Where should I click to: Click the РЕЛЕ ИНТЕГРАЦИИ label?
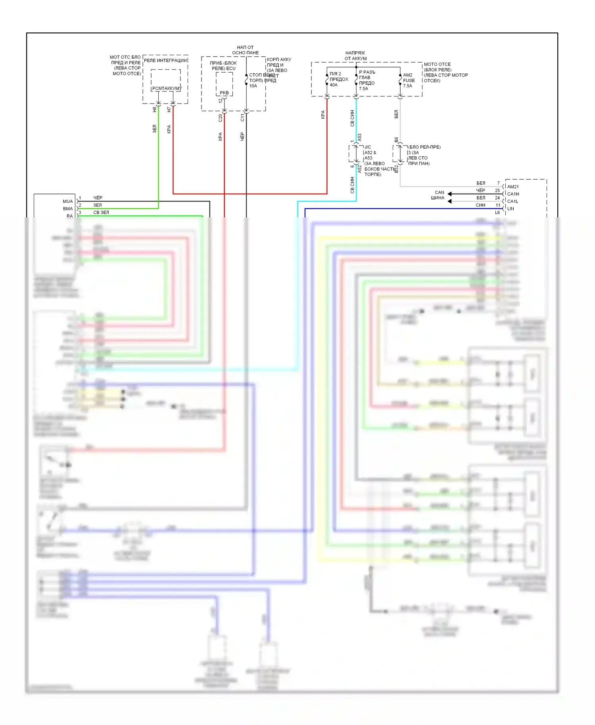coord(165,60)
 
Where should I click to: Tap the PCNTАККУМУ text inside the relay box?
coord(166,88)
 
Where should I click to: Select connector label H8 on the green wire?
coord(155,109)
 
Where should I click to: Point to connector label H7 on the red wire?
coord(169,109)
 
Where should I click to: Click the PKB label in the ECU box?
coord(224,93)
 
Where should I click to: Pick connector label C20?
coord(221,118)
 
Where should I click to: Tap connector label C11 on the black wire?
coord(242,117)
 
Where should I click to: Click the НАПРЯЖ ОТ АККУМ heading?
coord(355,56)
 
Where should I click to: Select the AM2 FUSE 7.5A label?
coord(409,80)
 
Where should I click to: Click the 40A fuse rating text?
coord(334,85)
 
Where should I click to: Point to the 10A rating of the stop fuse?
coord(253,86)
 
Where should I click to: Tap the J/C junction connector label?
coord(368,147)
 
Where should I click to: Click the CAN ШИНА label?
coord(438,195)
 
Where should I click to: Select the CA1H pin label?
coord(513,194)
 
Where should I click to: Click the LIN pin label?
coord(511,209)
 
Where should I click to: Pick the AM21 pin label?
coord(513,187)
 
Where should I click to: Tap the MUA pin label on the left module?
coord(68,201)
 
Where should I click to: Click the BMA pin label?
coord(68,209)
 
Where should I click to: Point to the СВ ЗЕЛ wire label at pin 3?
coord(101,213)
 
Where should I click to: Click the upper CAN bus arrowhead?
coord(449,194)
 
